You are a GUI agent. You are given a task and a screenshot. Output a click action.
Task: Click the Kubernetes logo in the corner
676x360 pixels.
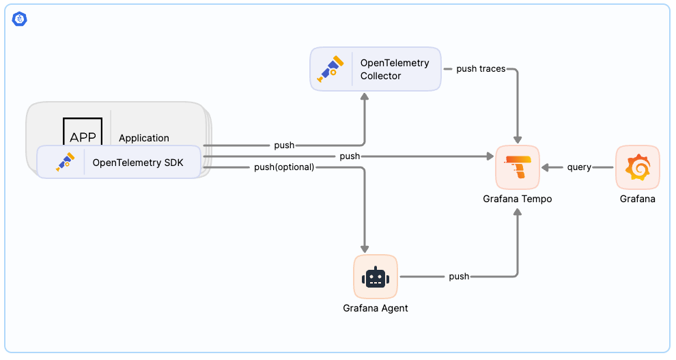click(x=19, y=19)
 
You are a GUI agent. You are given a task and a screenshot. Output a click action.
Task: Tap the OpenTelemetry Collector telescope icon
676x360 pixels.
click(x=331, y=69)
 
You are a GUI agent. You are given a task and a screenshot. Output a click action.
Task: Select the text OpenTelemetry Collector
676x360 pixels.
click(x=395, y=69)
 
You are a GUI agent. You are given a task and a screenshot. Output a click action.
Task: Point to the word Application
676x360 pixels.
click(x=144, y=138)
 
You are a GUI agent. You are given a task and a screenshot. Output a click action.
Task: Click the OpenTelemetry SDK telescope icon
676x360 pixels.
click(x=65, y=162)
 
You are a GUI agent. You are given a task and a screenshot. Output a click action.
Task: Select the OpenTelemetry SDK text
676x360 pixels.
click(x=138, y=163)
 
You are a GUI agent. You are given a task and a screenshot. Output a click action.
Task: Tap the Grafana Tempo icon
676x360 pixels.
click(x=517, y=167)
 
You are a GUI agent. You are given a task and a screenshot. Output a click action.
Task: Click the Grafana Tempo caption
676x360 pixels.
click(x=517, y=199)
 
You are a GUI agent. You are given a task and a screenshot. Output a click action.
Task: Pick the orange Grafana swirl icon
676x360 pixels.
click(x=637, y=167)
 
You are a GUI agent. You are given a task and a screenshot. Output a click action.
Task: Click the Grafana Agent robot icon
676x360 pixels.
click(x=376, y=277)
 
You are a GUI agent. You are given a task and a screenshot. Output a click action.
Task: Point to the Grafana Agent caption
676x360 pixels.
click(x=376, y=308)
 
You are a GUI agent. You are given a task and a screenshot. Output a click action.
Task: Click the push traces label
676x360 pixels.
click(x=481, y=69)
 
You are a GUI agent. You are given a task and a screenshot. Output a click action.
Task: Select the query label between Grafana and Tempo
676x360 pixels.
click(x=579, y=167)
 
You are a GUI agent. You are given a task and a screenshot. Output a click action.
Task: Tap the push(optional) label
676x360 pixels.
click(x=284, y=167)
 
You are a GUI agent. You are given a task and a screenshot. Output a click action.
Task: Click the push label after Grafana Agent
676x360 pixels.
click(x=459, y=277)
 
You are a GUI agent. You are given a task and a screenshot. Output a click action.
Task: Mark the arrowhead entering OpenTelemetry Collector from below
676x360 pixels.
click(x=365, y=97)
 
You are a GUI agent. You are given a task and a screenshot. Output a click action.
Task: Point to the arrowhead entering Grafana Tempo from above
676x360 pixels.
click(x=517, y=139)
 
